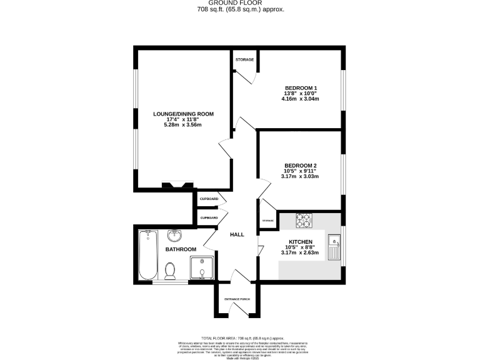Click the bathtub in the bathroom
click(147, 254)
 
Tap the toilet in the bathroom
click(169, 271)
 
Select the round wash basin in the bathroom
click(174, 236)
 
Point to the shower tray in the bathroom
click(201, 268)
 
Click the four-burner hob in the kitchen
click(304, 220)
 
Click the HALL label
click(237, 234)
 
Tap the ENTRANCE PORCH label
click(237, 299)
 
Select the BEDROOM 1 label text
click(301, 87)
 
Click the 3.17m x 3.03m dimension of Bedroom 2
click(301, 177)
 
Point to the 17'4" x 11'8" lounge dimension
click(184, 119)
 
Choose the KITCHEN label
click(300, 241)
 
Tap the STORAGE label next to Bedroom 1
click(244, 59)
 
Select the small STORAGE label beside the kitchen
click(267, 221)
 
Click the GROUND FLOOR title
click(239, 3)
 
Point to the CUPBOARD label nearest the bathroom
click(209, 217)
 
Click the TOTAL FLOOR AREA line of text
click(239, 337)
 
